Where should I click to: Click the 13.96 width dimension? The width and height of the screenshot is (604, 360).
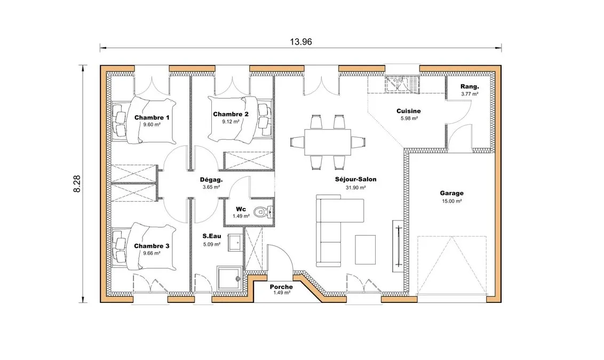pos(301,42)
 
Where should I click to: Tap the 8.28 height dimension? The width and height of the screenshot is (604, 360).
pos(77,184)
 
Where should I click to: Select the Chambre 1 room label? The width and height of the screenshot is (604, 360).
pos(152,117)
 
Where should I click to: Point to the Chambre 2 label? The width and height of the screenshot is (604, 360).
pos(231,114)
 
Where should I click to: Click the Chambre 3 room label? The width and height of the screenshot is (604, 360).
pos(152,246)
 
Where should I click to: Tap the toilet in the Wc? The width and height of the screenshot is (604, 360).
pos(264,212)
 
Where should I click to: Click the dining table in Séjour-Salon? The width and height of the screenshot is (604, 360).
pos(328,142)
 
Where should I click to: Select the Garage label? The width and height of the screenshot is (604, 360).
pos(452,193)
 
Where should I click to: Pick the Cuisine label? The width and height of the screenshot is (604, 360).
pos(409,111)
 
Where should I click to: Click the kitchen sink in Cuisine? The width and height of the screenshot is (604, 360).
pos(401,84)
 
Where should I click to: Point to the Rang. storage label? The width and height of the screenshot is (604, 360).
pos(470,86)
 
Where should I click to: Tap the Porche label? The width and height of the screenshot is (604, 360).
pos(281,287)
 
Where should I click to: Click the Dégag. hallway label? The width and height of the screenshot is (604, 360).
pos(211,180)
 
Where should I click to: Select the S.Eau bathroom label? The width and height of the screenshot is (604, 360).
pos(212,236)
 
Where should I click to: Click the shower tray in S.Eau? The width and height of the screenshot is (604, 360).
pos(229,278)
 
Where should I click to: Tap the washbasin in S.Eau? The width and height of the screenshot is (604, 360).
pos(235,242)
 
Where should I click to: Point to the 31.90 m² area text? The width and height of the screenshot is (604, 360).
pos(355,188)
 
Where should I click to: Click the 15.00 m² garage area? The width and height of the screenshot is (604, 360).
pos(452,201)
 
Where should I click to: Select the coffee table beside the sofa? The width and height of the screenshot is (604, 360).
pos(365,250)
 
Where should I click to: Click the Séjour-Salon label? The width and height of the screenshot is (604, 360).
pos(355,179)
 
